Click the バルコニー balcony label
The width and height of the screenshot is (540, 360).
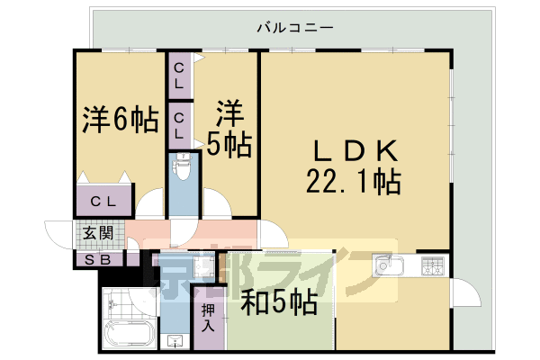[x=295, y=28]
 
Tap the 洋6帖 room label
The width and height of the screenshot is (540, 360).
[x=121, y=120]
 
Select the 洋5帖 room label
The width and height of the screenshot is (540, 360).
[x=229, y=129]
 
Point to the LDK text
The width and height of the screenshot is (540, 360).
[x=355, y=150]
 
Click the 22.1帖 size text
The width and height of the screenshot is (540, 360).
[x=354, y=182]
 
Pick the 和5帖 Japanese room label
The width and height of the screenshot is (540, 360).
[x=279, y=302]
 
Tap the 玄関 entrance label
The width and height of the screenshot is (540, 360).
[x=98, y=233]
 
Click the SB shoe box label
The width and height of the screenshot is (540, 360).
[x=97, y=260]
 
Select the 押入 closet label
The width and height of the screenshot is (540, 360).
[x=208, y=318]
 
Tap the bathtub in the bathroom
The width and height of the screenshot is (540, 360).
[x=129, y=334]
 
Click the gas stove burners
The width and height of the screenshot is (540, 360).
[x=433, y=266]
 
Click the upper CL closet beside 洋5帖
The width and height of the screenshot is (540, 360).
[x=179, y=76]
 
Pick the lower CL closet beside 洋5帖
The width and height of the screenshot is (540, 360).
[x=179, y=126]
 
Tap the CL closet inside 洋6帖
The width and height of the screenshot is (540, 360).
[x=103, y=201]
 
